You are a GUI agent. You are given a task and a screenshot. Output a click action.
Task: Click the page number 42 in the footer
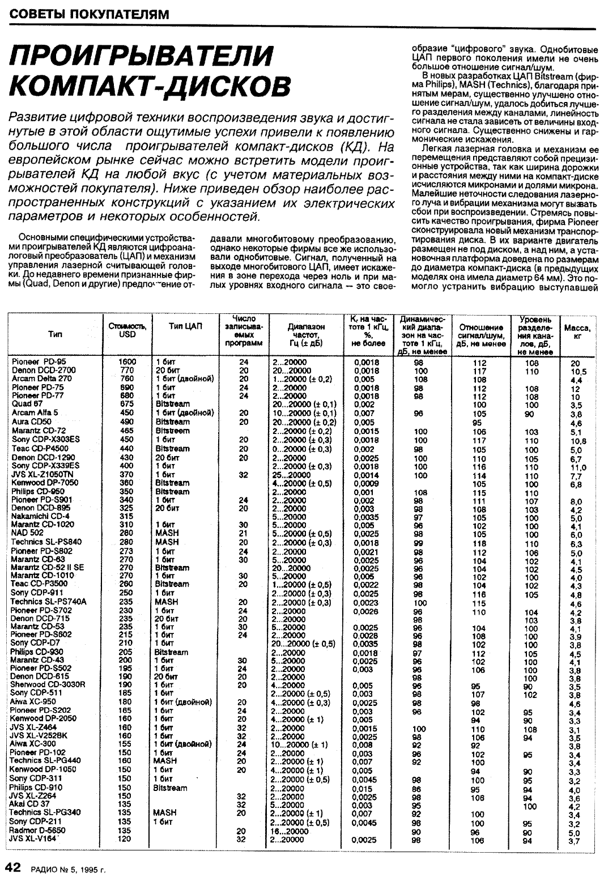tap(13, 867)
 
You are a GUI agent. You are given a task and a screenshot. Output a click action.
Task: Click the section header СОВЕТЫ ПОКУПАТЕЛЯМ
tap(90, 14)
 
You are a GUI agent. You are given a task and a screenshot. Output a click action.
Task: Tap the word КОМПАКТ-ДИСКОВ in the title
tap(151, 84)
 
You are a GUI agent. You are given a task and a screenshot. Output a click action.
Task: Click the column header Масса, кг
tap(577, 331)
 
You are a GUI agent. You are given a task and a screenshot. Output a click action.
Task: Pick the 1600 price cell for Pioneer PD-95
tap(127, 362)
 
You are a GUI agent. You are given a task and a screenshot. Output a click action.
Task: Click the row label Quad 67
tap(27, 404)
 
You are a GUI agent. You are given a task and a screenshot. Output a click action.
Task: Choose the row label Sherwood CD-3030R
tap(48, 684)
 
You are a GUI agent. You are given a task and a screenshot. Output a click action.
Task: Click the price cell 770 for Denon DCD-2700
tap(126, 371)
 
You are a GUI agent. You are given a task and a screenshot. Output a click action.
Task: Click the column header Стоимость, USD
tap(127, 330)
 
